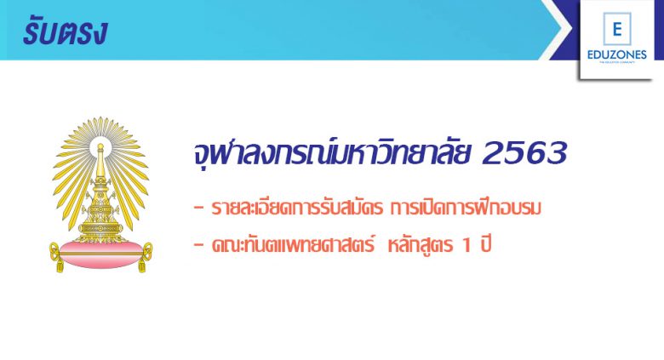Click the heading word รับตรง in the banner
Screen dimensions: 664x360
pos(65,32)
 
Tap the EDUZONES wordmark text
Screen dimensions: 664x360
pos(616,54)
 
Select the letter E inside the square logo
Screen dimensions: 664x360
pos(617,29)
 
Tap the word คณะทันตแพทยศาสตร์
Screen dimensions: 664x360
pos(293,244)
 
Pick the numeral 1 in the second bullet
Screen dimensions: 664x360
pos(467,245)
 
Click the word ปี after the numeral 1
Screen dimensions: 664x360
pos(485,244)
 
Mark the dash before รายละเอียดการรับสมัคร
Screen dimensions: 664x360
pos(198,208)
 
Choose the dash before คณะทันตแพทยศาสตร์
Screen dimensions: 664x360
pos(198,245)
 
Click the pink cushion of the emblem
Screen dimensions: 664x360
pos(100,254)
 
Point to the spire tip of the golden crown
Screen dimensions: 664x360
pos(100,145)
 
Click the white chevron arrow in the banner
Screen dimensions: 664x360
pos(556,29)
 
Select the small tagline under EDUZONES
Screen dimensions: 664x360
pos(617,62)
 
